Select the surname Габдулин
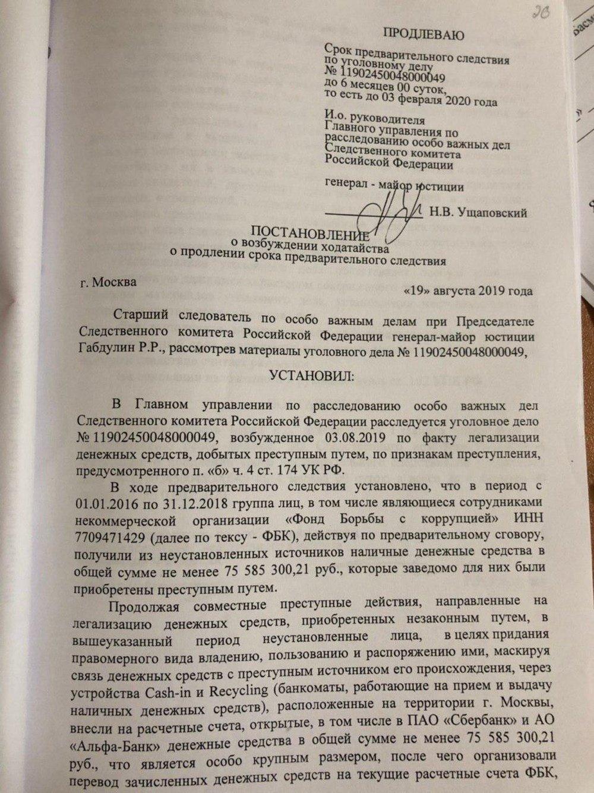point(103,352)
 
